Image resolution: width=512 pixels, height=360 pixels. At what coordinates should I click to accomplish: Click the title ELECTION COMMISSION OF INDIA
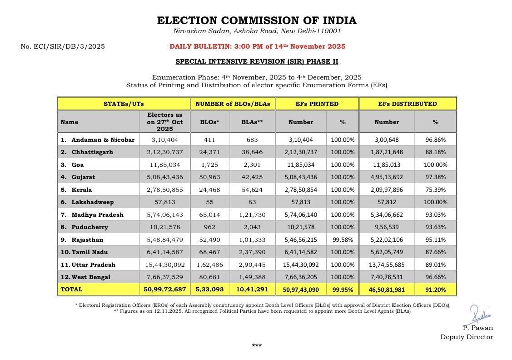tap(257, 20)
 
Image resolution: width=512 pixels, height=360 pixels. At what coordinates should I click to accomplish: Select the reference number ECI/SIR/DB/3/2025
tap(63, 46)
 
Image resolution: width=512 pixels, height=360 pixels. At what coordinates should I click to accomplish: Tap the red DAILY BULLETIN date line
tap(257, 46)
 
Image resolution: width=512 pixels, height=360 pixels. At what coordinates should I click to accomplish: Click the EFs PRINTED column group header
tap(317, 104)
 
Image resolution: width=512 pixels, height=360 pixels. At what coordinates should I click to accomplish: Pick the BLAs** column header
tap(252, 122)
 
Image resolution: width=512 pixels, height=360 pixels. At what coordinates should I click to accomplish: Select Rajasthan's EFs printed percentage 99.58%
tap(343, 240)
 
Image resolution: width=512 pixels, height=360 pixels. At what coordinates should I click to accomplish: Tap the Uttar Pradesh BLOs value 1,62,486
tap(209, 265)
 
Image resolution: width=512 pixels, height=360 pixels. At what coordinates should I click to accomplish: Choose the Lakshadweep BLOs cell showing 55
tap(209, 202)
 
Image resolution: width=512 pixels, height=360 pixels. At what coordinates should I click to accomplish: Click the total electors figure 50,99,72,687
tap(164, 289)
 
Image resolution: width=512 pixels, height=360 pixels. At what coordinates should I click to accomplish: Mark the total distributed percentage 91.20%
tap(435, 289)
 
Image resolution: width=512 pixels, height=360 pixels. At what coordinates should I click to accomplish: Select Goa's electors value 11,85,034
tap(164, 165)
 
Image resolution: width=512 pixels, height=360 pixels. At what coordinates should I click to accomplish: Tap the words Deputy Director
tap(466, 337)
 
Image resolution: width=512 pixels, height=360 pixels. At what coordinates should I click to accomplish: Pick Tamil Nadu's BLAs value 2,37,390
tap(252, 252)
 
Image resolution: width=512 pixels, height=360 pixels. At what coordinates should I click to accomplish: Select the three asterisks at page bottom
tap(257, 346)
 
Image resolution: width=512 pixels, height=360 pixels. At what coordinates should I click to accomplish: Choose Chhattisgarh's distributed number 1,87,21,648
tap(386, 152)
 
